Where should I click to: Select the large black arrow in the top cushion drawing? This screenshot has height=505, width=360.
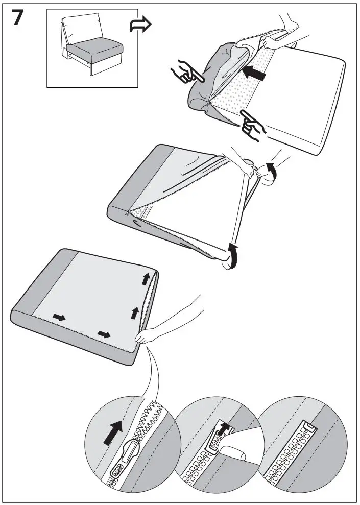(x=254, y=75)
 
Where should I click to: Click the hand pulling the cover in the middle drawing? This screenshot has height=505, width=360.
(x=255, y=171)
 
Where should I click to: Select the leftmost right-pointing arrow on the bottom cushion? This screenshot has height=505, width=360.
(x=59, y=318)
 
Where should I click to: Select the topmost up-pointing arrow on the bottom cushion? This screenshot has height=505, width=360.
(x=147, y=278)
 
